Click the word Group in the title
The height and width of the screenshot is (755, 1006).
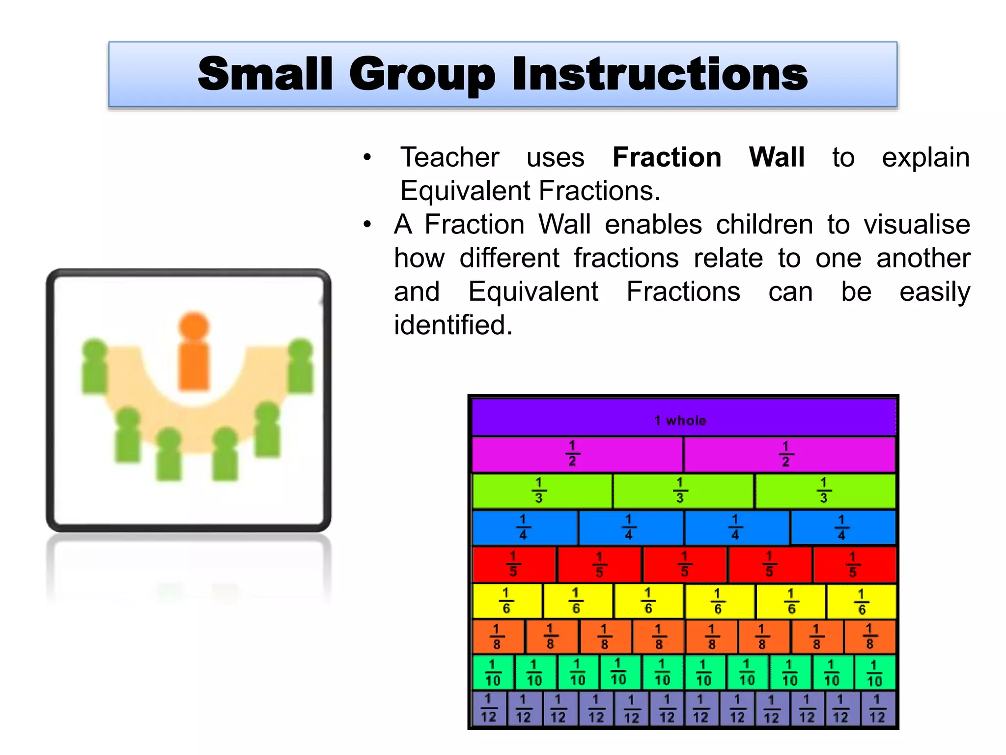(422, 75)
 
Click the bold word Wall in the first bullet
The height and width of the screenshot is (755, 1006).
(776, 157)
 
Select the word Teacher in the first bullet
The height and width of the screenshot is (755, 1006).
(449, 157)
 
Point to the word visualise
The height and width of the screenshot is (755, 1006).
(917, 225)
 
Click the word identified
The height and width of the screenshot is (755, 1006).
(453, 325)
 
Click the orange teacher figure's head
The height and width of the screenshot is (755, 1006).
(194, 326)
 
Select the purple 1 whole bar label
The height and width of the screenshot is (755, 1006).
(680, 420)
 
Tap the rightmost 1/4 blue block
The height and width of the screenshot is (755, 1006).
(842, 527)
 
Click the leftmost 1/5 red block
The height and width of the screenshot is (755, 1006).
(513, 564)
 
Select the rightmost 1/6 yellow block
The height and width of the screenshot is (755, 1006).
(862, 601)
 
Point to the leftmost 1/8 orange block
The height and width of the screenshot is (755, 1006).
(497, 637)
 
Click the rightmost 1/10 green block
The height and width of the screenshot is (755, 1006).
(874, 673)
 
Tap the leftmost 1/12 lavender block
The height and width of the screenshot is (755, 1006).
(488, 708)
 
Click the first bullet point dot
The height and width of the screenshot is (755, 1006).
(367, 158)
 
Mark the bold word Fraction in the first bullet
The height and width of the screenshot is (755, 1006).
(667, 157)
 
